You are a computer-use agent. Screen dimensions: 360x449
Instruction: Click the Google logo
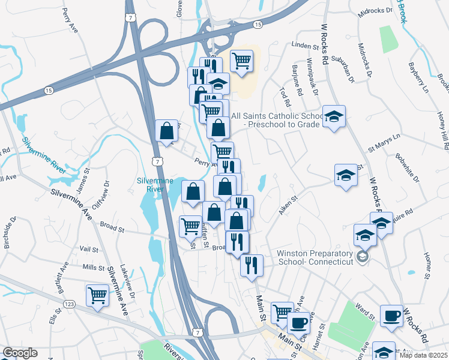[20, 353]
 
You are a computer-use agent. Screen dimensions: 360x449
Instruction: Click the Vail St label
[88, 249]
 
